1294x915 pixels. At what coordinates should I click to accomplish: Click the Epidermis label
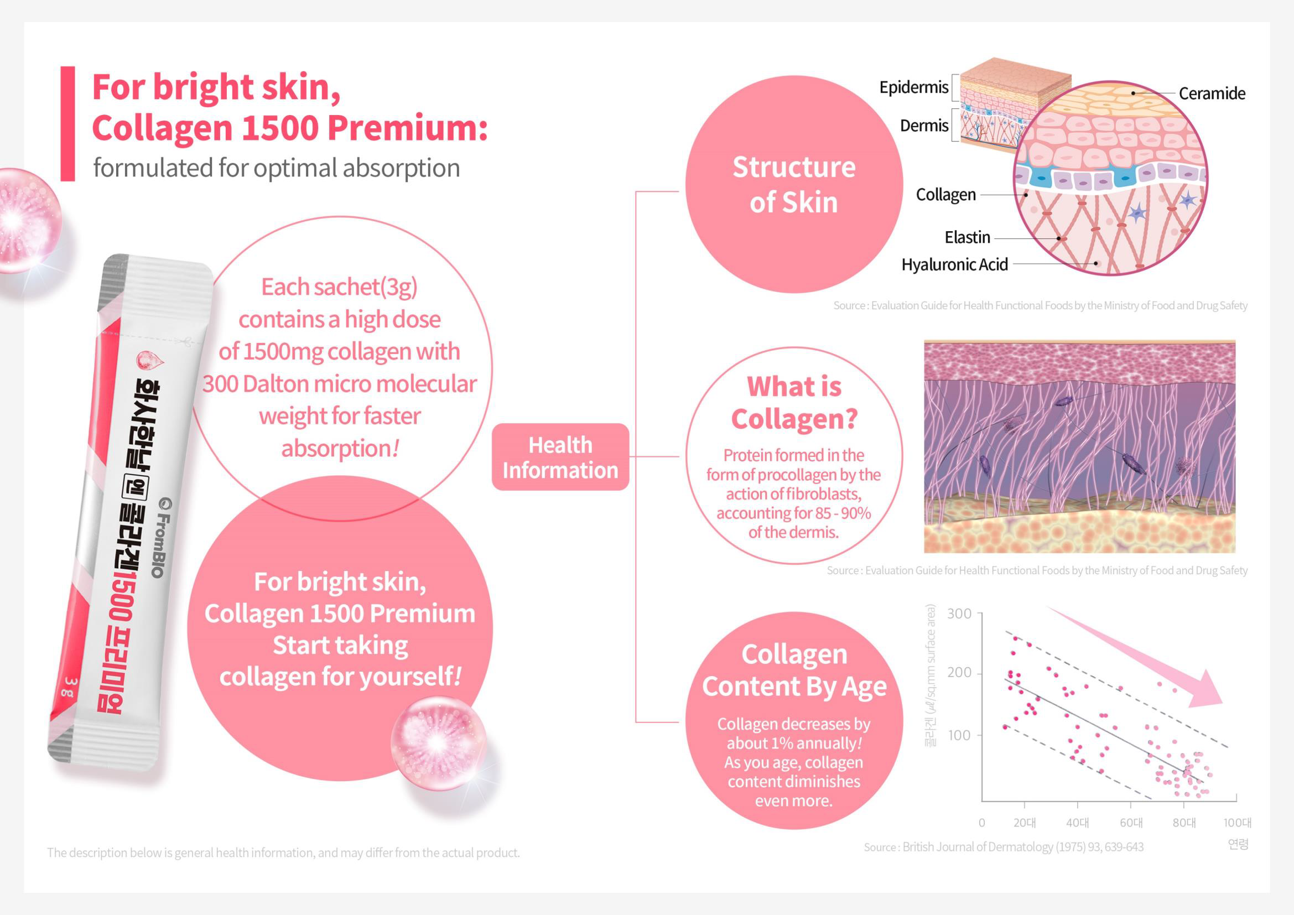tap(913, 87)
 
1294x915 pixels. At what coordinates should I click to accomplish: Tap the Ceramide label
tap(1212, 93)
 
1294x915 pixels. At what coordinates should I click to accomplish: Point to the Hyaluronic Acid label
tap(955, 264)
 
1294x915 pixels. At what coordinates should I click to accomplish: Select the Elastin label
tap(967, 237)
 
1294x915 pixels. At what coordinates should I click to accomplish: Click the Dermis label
tap(924, 126)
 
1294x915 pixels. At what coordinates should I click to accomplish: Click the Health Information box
tap(560, 457)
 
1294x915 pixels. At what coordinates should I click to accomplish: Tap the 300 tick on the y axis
tap(959, 614)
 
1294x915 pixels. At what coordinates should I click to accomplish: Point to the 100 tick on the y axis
tap(959, 735)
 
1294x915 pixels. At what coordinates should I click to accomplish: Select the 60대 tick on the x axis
tap(1131, 823)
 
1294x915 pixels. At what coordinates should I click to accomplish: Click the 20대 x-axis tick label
tap(1024, 823)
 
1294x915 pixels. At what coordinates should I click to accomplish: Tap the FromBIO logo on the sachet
tap(161, 538)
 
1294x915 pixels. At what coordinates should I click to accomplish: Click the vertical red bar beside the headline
tap(67, 124)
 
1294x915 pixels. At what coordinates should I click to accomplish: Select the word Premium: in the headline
tap(408, 128)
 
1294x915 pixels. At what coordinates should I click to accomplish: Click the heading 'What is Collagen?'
tap(794, 402)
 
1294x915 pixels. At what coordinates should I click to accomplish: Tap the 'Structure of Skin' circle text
tap(793, 184)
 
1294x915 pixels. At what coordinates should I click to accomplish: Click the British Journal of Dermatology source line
tap(1003, 847)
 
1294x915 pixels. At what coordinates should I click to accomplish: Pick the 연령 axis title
tap(1238, 844)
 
